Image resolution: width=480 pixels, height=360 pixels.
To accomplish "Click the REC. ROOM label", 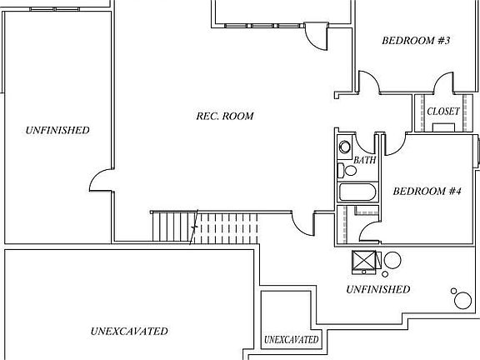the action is coord(225,117).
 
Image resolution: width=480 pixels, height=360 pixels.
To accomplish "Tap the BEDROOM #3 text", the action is coord(416,40).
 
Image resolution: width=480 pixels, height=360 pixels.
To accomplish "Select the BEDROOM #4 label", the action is coord(427,192).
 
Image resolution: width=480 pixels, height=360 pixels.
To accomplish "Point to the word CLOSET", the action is coord(443,112).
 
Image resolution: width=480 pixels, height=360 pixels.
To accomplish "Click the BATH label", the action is coord(365,160).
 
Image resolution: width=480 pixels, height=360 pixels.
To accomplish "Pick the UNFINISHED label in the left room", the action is coord(57,130).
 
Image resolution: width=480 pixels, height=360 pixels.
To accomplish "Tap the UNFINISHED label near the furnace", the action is coord(378,289).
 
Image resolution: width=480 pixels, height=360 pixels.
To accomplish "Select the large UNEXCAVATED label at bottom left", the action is coord(129,331).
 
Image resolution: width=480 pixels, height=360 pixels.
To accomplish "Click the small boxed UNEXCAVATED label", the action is coord(291,340).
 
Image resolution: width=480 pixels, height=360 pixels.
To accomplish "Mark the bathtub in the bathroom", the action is coord(357,192).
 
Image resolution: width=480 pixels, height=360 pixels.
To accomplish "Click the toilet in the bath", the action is coord(347,170).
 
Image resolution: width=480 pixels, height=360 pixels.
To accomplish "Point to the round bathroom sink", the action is coord(345,147).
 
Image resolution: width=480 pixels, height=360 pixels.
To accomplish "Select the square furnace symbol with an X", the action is coord(363,262).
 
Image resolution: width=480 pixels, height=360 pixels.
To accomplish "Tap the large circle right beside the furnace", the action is coord(392,260).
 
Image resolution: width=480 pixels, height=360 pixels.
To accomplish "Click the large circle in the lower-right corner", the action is coord(462,301).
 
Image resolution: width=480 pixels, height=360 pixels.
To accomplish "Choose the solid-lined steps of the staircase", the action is coord(174,227).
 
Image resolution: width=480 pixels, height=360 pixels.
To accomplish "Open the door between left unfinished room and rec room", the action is coord(101,180).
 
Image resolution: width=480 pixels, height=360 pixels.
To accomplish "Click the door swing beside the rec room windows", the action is coord(316,37).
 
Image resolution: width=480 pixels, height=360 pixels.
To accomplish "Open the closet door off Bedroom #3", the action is coord(443,82).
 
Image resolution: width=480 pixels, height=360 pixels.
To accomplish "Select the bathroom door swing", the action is coord(364,144).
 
